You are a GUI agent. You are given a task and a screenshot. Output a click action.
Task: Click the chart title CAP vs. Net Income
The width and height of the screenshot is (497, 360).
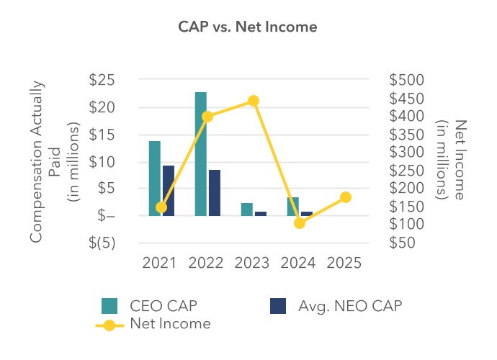[248, 27]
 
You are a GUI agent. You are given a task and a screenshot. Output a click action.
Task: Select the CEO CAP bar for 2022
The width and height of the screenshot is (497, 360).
[201, 153]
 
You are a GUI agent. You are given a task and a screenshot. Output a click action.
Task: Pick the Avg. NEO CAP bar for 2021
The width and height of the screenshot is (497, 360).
[169, 190]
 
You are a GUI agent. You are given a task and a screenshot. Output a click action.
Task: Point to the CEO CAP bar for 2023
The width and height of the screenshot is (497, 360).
[247, 209]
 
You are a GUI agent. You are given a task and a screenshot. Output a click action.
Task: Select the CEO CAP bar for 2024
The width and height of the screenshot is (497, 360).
[293, 206]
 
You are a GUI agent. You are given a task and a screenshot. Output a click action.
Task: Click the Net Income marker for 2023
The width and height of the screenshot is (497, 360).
[254, 101]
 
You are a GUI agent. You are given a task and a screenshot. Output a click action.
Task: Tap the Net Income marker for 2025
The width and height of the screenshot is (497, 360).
[345, 197]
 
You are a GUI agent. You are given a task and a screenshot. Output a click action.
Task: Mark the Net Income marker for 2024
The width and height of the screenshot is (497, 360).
[300, 223]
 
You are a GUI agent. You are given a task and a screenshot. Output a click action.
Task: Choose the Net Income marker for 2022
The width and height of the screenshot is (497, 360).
[207, 117]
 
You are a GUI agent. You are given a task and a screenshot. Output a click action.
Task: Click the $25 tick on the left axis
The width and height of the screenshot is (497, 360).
[102, 80]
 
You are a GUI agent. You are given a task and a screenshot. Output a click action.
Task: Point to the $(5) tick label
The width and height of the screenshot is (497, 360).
[102, 243]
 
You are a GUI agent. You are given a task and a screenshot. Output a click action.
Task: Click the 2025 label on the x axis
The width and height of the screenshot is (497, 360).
[345, 264]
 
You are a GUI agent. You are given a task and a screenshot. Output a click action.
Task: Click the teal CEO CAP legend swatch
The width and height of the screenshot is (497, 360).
[109, 305]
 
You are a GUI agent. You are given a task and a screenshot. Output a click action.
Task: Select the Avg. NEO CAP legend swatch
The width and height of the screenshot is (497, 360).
[278, 305]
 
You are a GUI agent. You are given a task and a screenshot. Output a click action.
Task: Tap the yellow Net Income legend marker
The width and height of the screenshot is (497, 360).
[109, 325]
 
